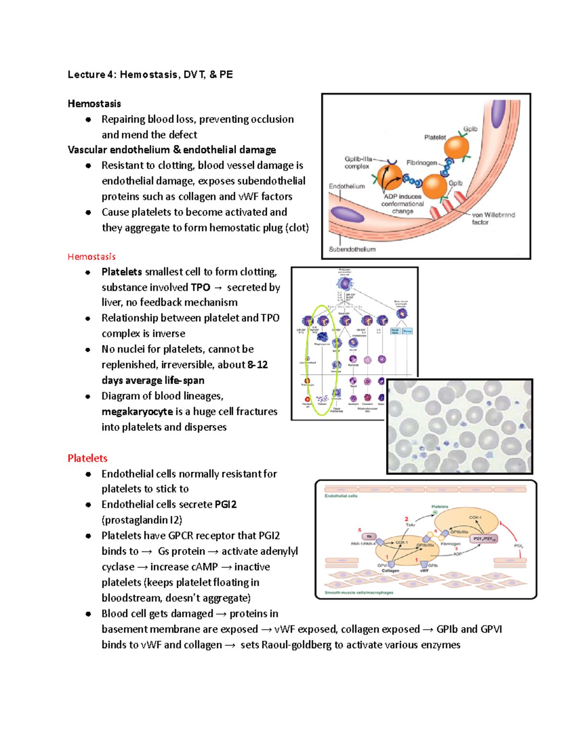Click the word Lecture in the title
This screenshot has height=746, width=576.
click(86, 74)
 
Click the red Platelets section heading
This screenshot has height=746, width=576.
click(87, 458)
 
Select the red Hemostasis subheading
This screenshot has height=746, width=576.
click(91, 257)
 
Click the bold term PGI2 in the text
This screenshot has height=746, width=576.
click(226, 504)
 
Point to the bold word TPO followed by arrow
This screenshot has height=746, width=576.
click(200, 287)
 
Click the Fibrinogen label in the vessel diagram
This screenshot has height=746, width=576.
click(421, 163)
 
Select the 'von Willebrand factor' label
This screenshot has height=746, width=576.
click(493, 219)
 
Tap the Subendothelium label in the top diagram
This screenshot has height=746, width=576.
click(352, 249)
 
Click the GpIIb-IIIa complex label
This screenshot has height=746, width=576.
click(358, 162)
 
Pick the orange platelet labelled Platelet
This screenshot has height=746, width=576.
click(456, 147)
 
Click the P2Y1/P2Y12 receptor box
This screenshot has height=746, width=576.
click(484, 539)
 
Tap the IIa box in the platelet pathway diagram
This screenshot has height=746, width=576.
click(369, 537)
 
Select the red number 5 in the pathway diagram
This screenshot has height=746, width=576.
click(360, 530)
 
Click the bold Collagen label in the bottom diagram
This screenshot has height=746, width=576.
click(390, 571)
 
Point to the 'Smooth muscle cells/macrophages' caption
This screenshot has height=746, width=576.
click(359, 593)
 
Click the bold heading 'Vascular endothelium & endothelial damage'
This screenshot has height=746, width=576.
click(171, 150)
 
